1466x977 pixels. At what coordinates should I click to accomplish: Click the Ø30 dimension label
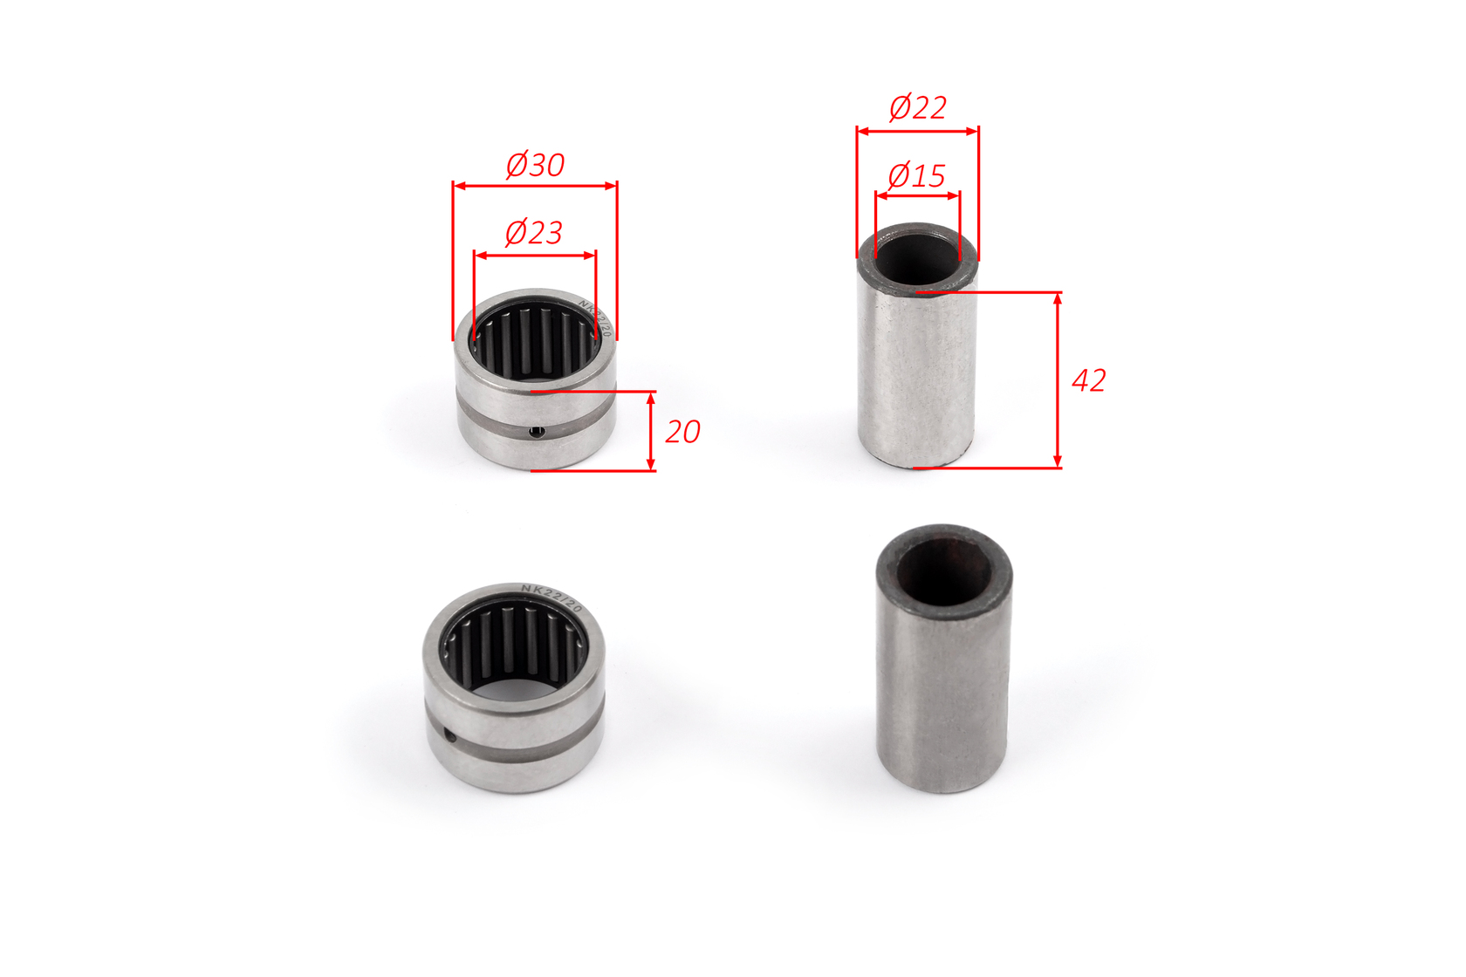point(535,164)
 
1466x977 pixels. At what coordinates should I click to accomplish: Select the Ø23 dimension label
point(533,233)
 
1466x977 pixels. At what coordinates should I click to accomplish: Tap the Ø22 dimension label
point(918,108)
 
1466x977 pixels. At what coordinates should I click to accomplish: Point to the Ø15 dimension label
point(916,176)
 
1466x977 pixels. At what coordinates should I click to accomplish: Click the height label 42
point(1088,381)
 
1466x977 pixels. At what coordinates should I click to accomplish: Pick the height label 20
point(682,432)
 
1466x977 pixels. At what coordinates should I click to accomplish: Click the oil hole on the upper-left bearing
point(538,431)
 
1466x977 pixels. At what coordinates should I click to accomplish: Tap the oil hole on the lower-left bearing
point(450,737)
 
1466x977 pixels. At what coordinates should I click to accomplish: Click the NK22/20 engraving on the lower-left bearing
point(551,598)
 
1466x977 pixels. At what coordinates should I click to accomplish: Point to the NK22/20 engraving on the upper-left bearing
point(595,318)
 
